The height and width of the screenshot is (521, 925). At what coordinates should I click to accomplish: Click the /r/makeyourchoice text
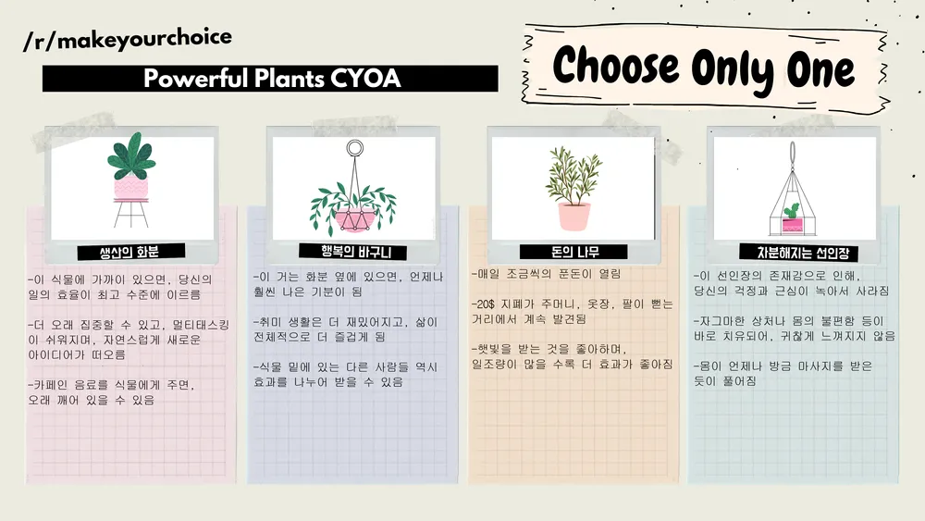(x=128, y=39)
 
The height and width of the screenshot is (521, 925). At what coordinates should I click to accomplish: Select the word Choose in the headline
(x=616, y=66)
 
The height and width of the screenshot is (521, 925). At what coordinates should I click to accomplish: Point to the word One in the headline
(x=820, y=70)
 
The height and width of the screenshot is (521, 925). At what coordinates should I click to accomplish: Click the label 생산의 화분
(x=129, y=253)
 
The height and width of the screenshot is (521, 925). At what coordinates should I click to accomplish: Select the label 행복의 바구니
(x=356, y=252)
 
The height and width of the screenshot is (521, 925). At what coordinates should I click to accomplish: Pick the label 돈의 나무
(x=575, y=253)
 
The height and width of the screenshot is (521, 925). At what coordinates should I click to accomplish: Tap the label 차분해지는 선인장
(x=803, y=254)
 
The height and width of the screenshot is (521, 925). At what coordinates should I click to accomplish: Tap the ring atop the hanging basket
(x=354, y=147)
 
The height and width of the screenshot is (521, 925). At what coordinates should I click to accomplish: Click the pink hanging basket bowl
(x=354, y=219)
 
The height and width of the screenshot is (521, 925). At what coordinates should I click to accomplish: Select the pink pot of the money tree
(x=574, y=217)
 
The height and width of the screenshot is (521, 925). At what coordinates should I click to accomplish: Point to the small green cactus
(x=791, y=211)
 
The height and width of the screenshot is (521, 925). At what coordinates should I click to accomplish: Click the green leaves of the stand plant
(x=131, y=155)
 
